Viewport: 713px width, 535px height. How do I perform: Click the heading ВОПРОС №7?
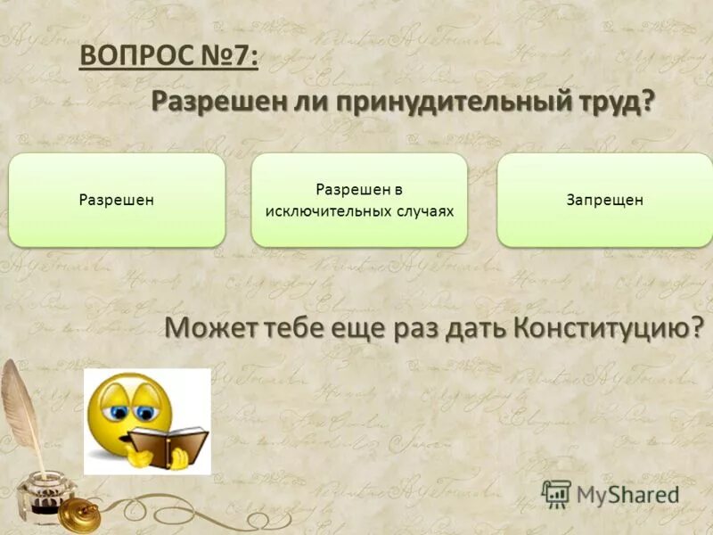pyautogui.click(x=169, y=56)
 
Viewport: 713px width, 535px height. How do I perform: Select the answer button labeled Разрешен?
pyautogui.click(x=117, y=201)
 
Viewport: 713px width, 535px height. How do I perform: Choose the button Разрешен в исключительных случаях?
pyautogui.click(x=359, y=200)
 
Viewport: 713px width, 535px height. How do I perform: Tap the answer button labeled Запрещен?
pyautogui.click(x=604, y=201)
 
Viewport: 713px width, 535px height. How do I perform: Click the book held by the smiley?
pyautogui.click(x=168, y=440)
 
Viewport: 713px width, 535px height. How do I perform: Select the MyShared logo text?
pyautogui.click(x=627, y=493)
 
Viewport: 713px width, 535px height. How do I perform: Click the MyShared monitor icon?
pyautogui.click(x=556, y=493)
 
